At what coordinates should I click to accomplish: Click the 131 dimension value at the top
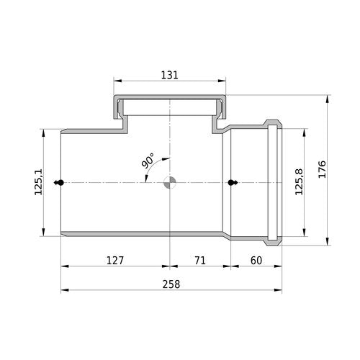pos(169,75)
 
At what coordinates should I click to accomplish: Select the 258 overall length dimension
pos(171,284)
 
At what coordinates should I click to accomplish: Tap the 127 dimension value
pos(115,261)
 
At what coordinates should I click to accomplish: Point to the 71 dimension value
pos(200,261)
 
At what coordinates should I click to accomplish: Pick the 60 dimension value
pos(256,261)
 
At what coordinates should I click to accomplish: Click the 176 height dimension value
pos(322,169)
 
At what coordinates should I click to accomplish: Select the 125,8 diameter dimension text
pos(299,181)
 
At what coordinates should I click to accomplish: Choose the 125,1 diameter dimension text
pos(38,181)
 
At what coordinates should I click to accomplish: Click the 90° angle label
pos(148,161)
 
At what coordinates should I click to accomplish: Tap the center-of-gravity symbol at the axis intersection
pos(170,183)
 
